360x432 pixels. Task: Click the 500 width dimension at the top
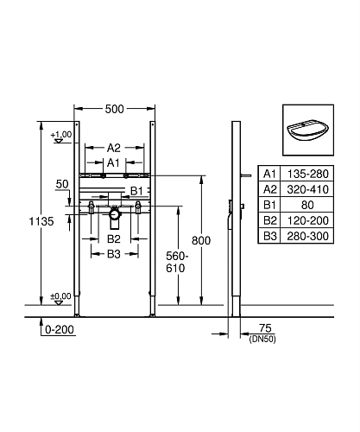click(x=115, y=109)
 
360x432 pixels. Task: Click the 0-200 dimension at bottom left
click(x=58, y=329)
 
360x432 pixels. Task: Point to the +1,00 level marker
click(x=60, y=135)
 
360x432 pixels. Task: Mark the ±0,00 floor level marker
click(x=60, y=296)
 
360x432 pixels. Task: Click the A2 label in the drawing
click(x=114, y=148)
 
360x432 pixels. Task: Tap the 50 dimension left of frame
click(x=61, y=184)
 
